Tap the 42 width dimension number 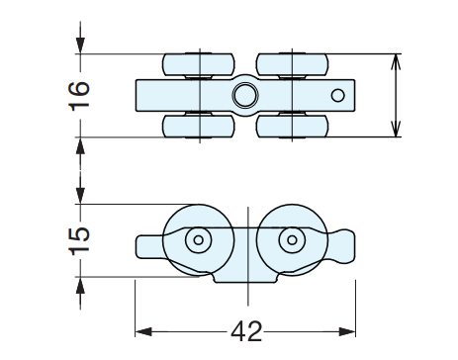[244, 330]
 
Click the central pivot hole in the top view [243, 96]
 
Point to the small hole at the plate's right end [337, 96]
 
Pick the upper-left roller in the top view [198, 64]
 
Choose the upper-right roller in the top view [290, 64]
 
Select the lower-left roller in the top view [198, 127]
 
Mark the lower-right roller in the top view [290, 127]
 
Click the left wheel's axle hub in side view [199, 240]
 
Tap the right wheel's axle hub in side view [290, 240]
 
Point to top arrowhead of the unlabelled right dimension [396, 59]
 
